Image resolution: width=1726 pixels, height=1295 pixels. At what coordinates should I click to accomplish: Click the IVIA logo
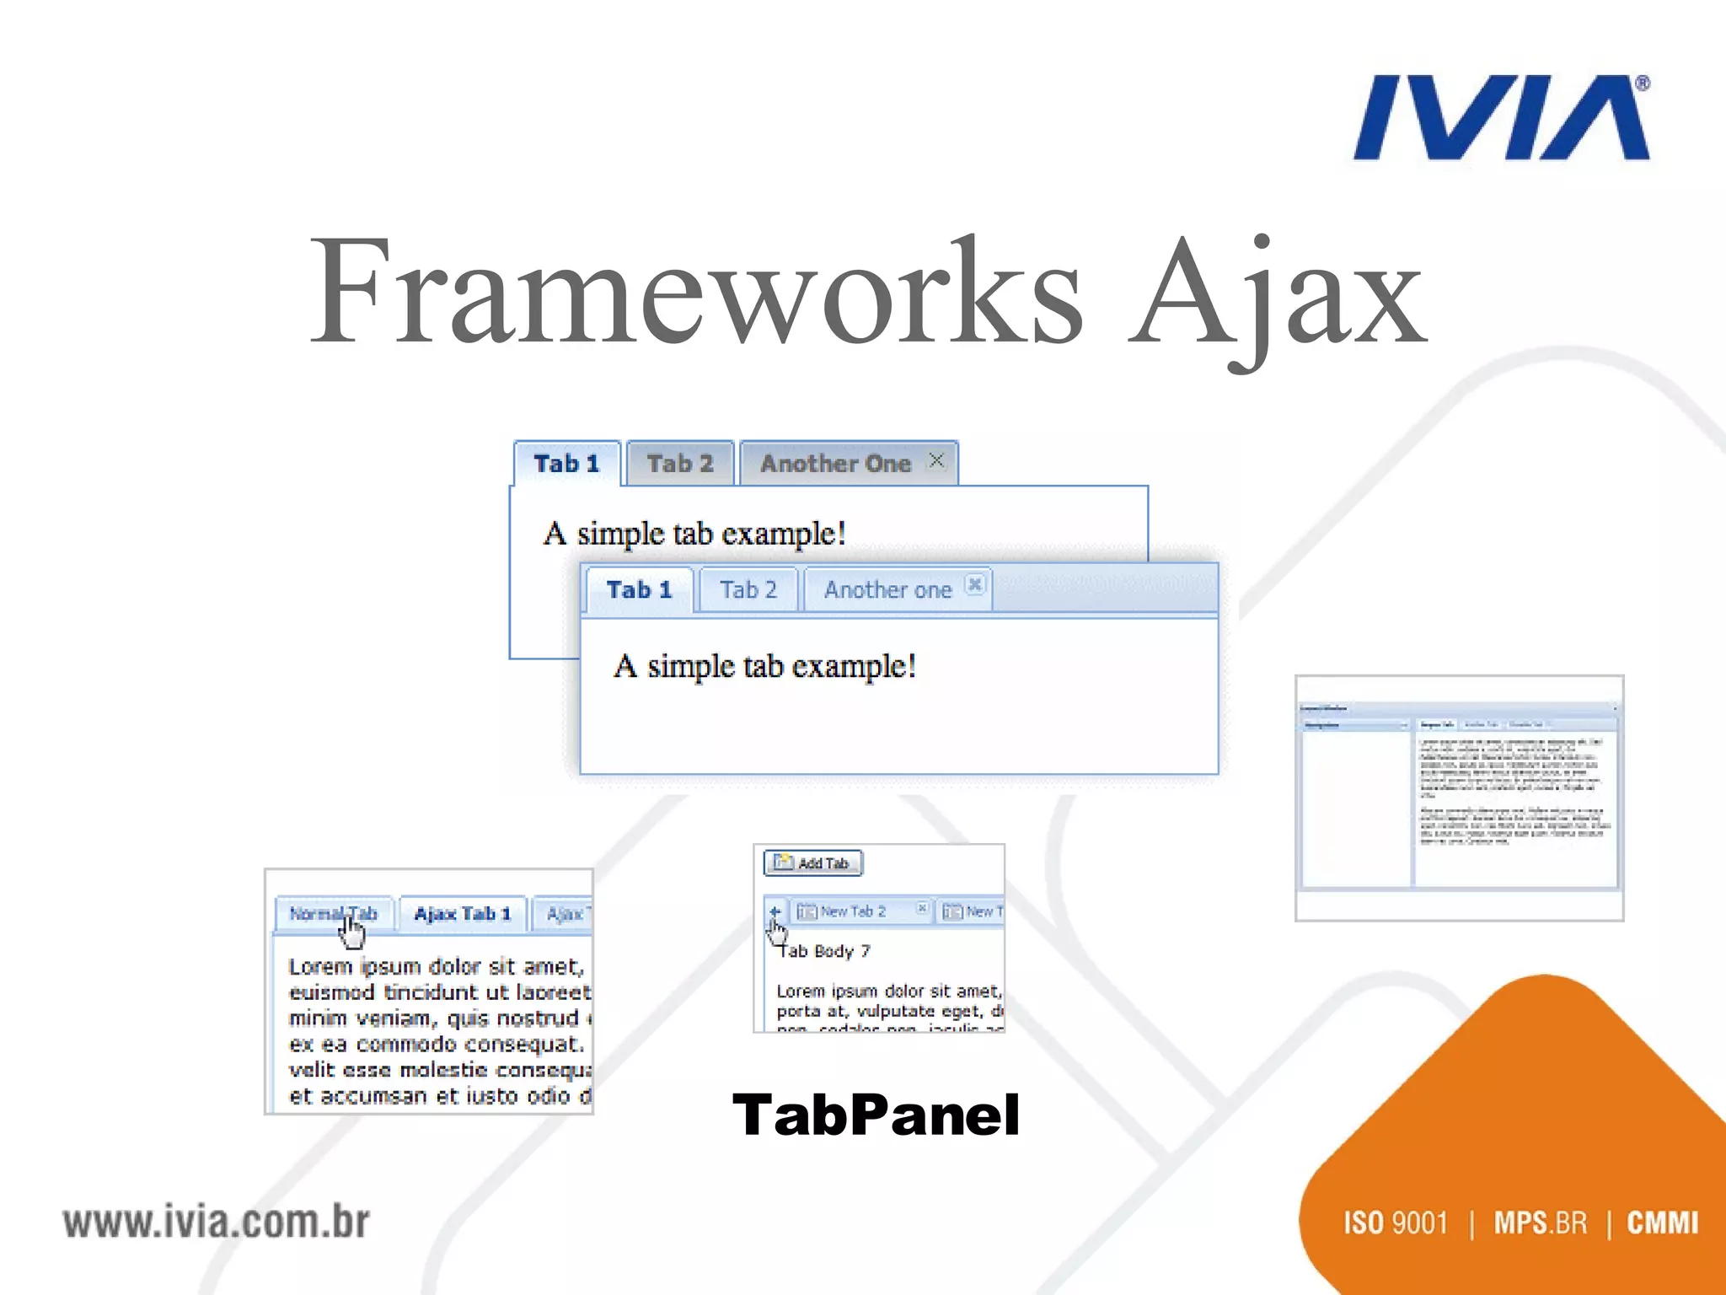pos(1500,118)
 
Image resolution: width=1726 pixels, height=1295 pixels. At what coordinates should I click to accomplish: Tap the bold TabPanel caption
pos(876,1115)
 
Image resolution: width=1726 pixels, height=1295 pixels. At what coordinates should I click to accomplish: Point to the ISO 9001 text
pos(1396,1222)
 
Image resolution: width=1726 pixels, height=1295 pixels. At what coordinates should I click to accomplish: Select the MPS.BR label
pos(1540,1222)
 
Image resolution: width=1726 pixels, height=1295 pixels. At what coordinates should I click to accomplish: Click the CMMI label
pos(1662,1222)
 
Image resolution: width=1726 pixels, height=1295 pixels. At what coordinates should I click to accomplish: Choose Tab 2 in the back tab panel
pos(680,464)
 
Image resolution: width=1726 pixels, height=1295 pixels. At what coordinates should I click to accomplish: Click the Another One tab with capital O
pos(835,464)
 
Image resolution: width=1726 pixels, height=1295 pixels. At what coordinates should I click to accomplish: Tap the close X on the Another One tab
pos(936,460)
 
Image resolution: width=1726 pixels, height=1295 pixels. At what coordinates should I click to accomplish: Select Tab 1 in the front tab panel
pos(639,590)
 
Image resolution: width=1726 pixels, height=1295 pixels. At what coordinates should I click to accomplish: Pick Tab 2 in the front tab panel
pos(748,590)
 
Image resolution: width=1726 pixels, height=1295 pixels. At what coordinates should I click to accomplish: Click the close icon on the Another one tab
pos(974,584)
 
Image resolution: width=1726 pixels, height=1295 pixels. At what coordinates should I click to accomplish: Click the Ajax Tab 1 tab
pos(463,914)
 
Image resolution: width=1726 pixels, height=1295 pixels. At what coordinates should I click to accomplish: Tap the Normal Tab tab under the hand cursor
pos(333,914)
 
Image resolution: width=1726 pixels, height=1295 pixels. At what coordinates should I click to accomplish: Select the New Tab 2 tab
pos(853,911)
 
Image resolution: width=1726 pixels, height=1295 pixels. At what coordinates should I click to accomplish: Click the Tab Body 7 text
pos(824,952)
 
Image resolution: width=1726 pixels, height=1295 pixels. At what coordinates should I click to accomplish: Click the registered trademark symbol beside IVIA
pos(1643,83)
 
